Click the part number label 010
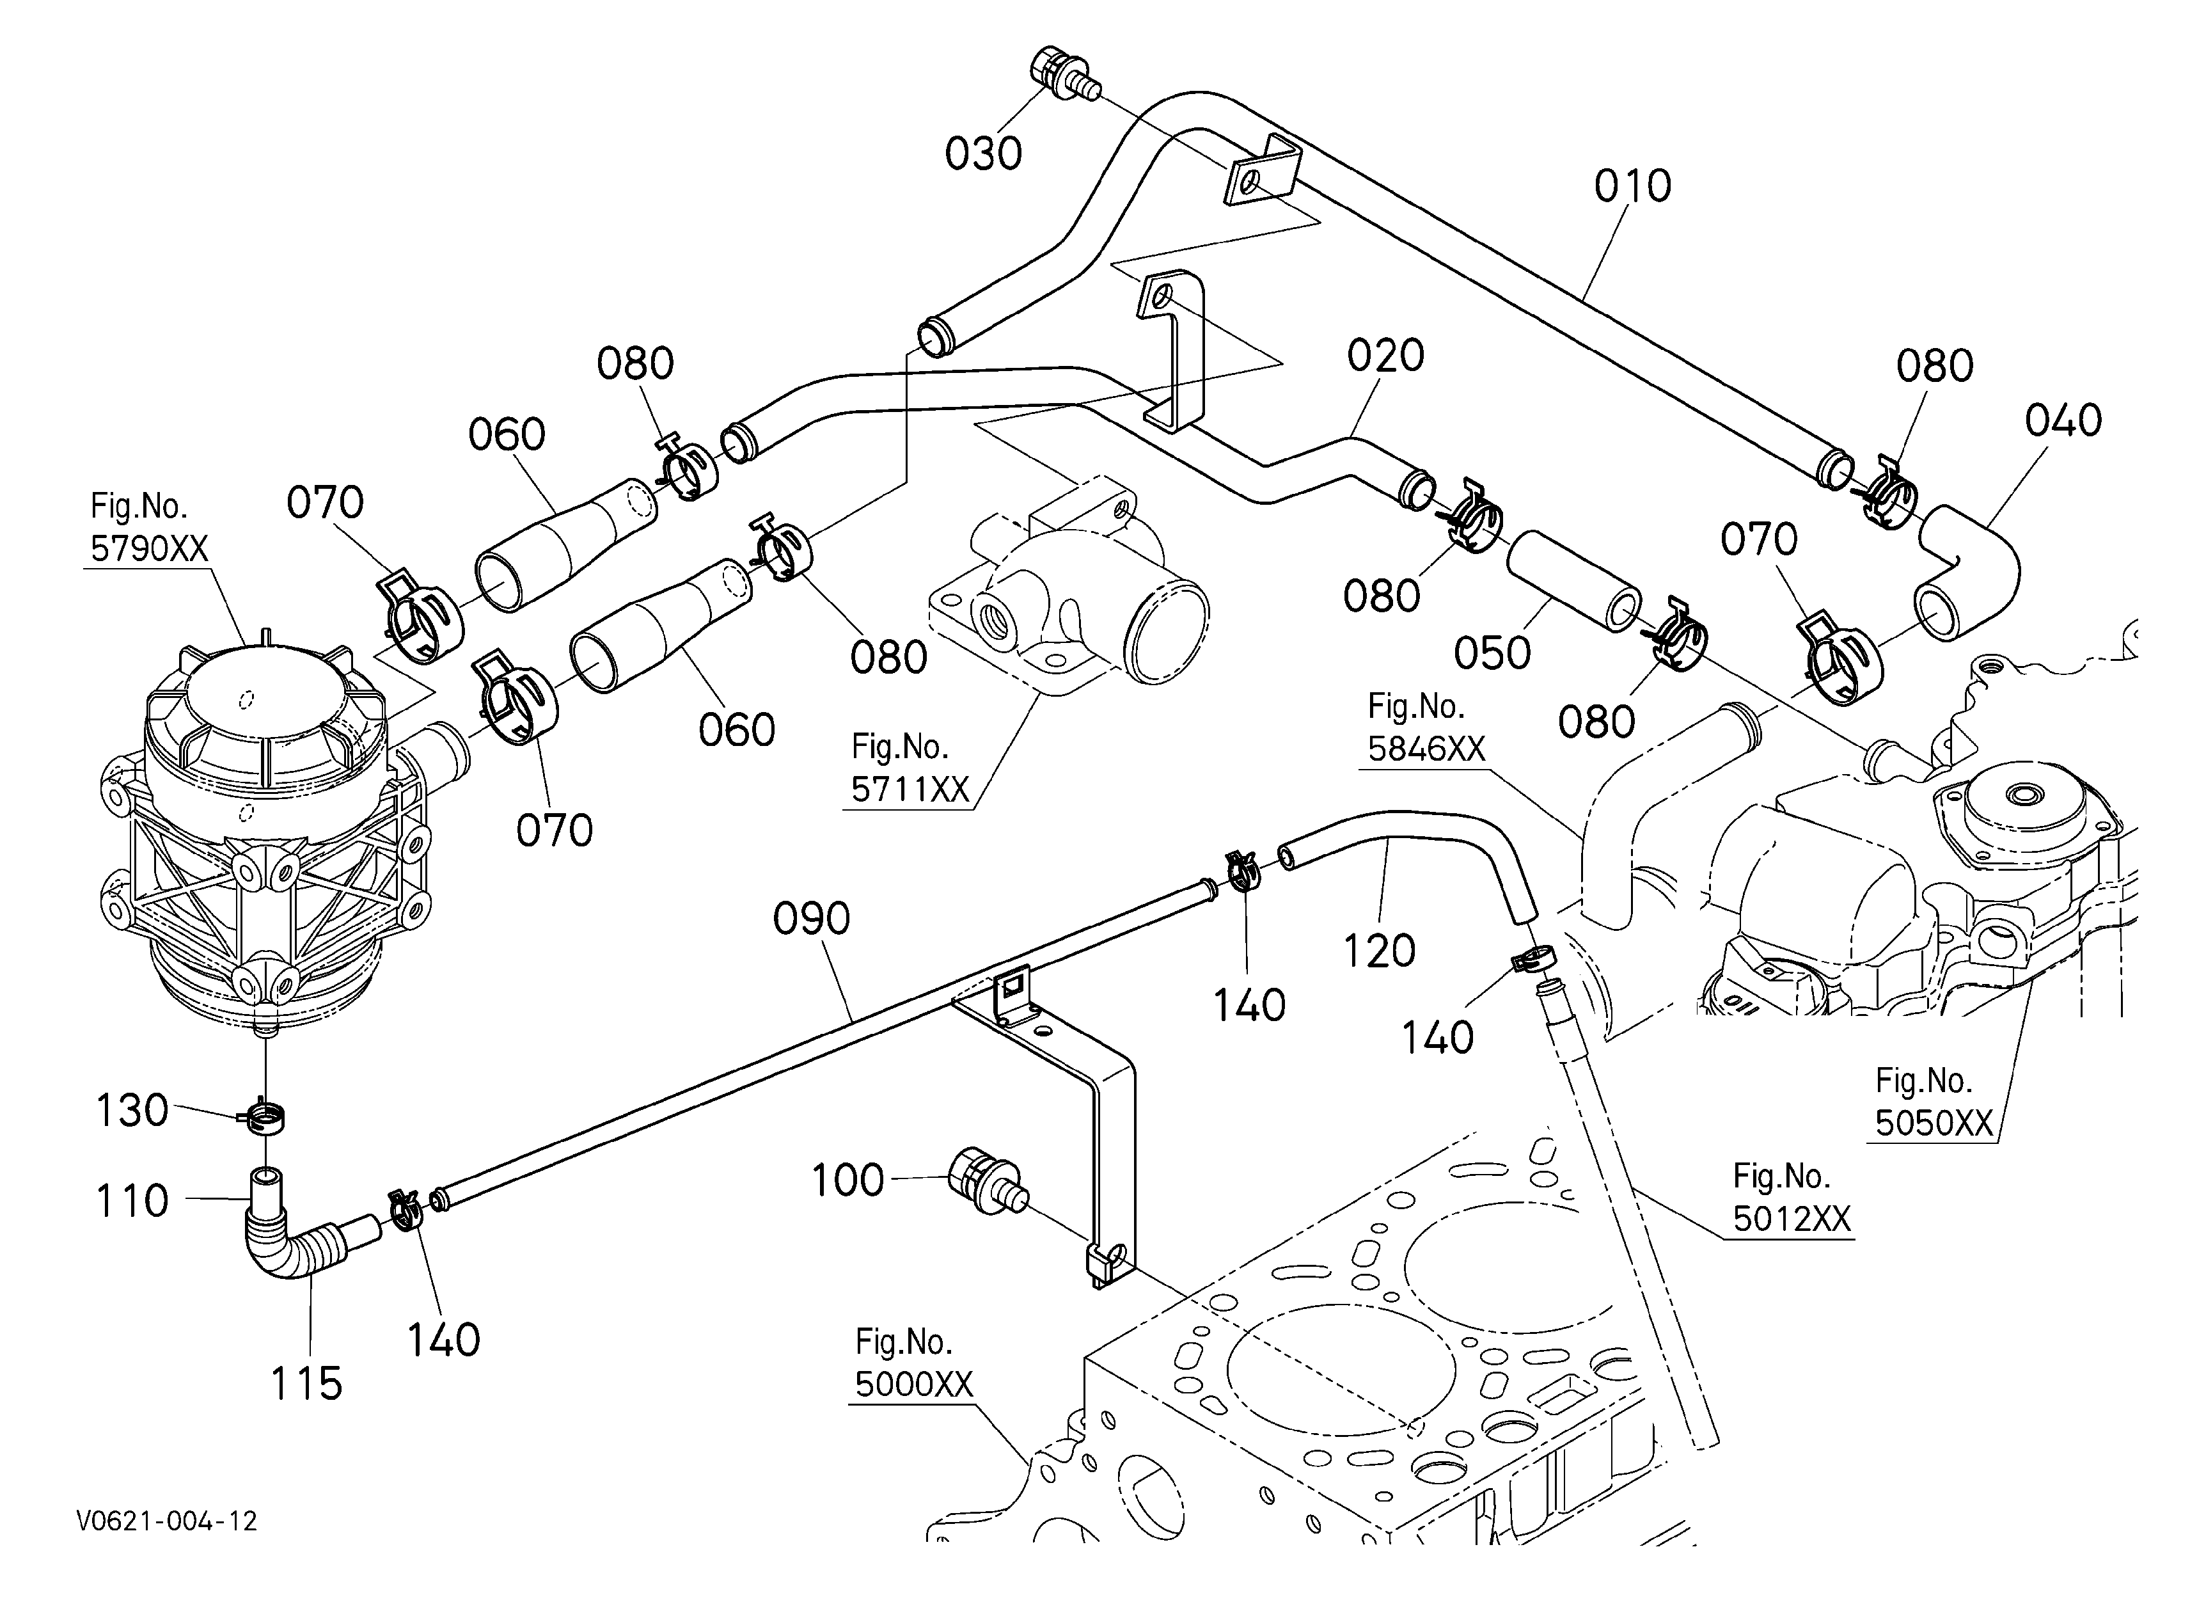tap(1632, 185)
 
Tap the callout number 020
tap(1385, 355)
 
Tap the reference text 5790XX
tap(149, 550)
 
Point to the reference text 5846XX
tap(1427, 749)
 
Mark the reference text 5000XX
tap(913, 1384)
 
